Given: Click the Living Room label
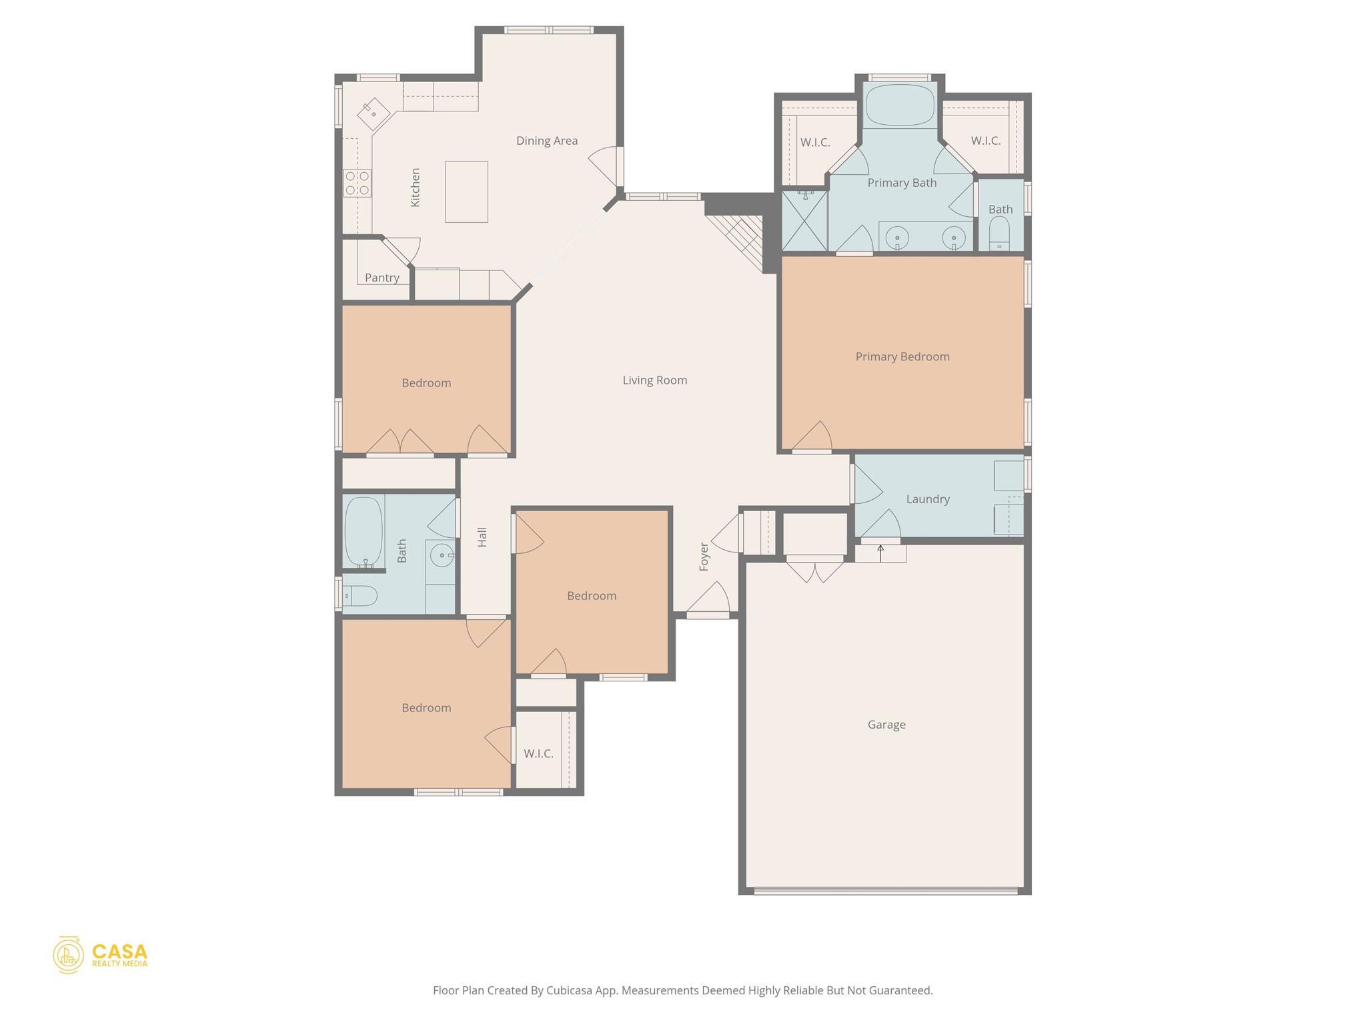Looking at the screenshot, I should pyautogui.click(x=654, y=380).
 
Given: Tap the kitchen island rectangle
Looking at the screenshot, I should pyautogui.click(x=466, y=192).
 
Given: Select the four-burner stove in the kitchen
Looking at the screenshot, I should pyautogui.click(x=358, y=183).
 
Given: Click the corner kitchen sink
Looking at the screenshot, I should pyautogui.click(x=374, y=114).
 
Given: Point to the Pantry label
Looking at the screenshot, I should pyautogui.click(x=382, y=278).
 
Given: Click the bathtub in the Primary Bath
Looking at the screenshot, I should pyautogui.click(x=900, y=105).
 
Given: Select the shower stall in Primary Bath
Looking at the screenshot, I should pyautogui.click(x=804, y=220).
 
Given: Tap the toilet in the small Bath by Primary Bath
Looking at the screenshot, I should pyautogui.click(x=999, y=234).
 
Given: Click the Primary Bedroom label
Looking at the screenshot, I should pyautogui.click(x=902, y=357).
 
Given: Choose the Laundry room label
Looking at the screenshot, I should pyautogui.click(x=927, y=499).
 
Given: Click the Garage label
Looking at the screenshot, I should pyautogui.click(x=886, y=725).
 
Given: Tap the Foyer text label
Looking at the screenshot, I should pyautogui.click(x=704, y=557).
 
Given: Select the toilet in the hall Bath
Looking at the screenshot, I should pyautogui.click(x=360, y=595).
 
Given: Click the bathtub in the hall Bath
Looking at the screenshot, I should pyautogui.click(x=364, y=533).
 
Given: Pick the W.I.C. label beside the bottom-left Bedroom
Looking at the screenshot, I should pyautogui.click(x=538, y=754).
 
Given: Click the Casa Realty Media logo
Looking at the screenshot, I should pyautogui.click(x=100, y=955).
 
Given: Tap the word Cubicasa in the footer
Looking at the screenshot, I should pyautogui.click(x=571, y=990).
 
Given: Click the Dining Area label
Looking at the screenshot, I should pyautogui.click(x=547, y=141).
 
